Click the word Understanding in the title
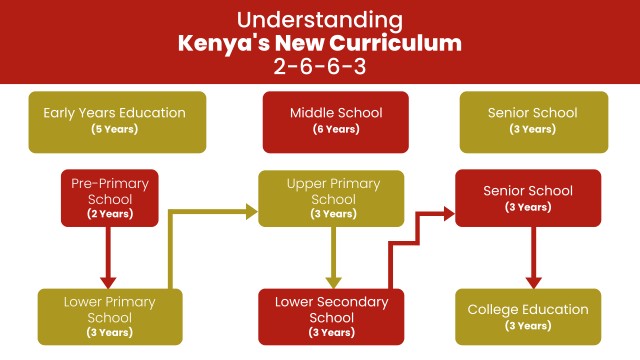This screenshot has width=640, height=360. pos(319,20)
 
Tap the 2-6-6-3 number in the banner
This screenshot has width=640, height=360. pos(319,66)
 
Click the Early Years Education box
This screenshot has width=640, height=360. pos(117,121)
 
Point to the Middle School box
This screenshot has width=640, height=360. pos(335,121)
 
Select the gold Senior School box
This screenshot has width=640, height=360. pos(533,121)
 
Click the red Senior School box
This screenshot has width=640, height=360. pos(528,198)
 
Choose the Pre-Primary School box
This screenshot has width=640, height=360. pos(109,198)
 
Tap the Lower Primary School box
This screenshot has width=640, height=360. pos(109,316)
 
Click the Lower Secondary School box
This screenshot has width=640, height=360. pos(331,316)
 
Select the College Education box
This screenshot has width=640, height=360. pos(528,316)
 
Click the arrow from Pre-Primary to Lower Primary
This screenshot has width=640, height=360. pos(108,255)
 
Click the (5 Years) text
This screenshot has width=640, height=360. pos(114,129)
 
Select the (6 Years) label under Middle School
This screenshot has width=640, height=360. pos(336,129)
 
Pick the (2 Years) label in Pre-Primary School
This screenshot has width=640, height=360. pos(110,214)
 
